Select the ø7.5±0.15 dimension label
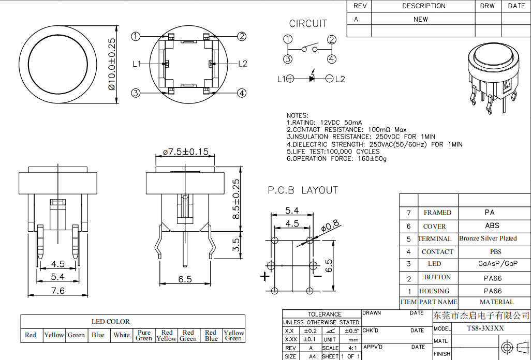coord(185,152)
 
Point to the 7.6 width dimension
coord(58,291)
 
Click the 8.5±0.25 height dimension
coord(236,199)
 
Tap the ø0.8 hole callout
coord(330,225)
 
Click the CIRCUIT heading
coord(308,23)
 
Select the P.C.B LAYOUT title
coord(303,190)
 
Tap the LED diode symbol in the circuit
coord(312,79)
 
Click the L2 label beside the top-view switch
coord(243,64)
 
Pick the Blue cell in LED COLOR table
coord(98,335)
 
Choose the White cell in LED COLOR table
coord(122,335)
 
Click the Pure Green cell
coord(144,335)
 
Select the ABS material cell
coord(492,226)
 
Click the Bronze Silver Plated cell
coord(488,238)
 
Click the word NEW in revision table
coord(421,19)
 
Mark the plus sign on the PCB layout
coord(265,277)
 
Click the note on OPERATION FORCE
coord(336,159)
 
